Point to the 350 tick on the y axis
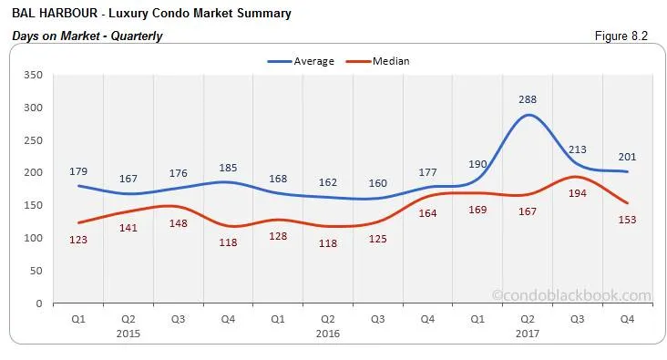click(33, 76)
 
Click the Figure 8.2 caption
click(622, 36)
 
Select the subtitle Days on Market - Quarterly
click(87, 36)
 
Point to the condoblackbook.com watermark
click(571, 295)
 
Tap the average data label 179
click(78, 170)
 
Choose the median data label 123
click(78, 240)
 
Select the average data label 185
click(228, 167)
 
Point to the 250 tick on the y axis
click(33, 140)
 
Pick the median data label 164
click(426, 213)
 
